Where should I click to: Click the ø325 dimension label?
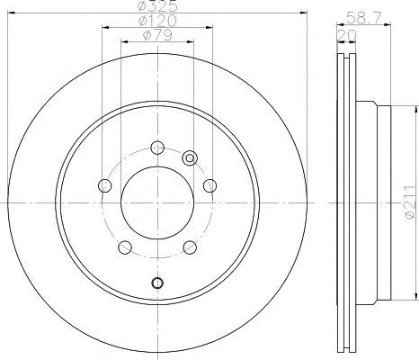pos(157,6)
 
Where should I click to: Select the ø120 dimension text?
pos(157,21)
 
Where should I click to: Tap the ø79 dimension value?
pos(157,35)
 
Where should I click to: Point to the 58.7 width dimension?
pos(364,17)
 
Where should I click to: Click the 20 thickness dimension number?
pos(347,35)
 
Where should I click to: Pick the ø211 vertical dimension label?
pos(410,202)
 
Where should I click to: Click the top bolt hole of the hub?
pos(157,147)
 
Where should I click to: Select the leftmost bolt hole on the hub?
pos(104,185)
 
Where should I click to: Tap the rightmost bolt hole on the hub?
pos(209,185)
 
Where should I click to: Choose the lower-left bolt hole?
pos(125,247)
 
